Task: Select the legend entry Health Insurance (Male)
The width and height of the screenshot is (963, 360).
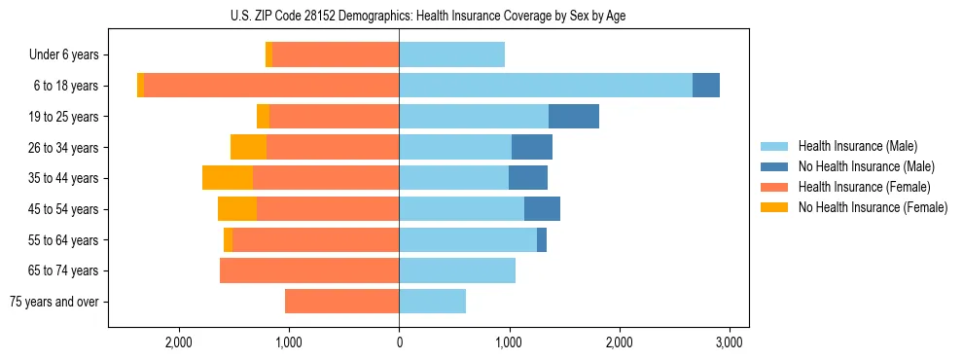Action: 857,146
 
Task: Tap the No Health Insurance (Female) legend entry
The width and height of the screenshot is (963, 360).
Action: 873,207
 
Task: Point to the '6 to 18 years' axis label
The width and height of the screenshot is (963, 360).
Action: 66,86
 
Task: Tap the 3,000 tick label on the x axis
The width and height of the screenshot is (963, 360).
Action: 730,342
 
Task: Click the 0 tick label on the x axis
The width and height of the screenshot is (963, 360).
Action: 399,342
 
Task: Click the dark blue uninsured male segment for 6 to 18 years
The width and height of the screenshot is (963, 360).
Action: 706,86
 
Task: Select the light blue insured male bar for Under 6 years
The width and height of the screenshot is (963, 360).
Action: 451,54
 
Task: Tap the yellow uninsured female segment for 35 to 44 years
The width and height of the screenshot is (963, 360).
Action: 228,178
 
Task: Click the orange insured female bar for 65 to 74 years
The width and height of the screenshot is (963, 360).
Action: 309,270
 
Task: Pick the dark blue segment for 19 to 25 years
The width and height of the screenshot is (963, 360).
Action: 574,117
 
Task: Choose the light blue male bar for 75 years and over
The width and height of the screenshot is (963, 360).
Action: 432,302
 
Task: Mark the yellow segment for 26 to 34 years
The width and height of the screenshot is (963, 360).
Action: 248,147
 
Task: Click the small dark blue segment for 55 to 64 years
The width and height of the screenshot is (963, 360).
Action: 542,239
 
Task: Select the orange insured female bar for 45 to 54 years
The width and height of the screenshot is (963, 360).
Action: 328,209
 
